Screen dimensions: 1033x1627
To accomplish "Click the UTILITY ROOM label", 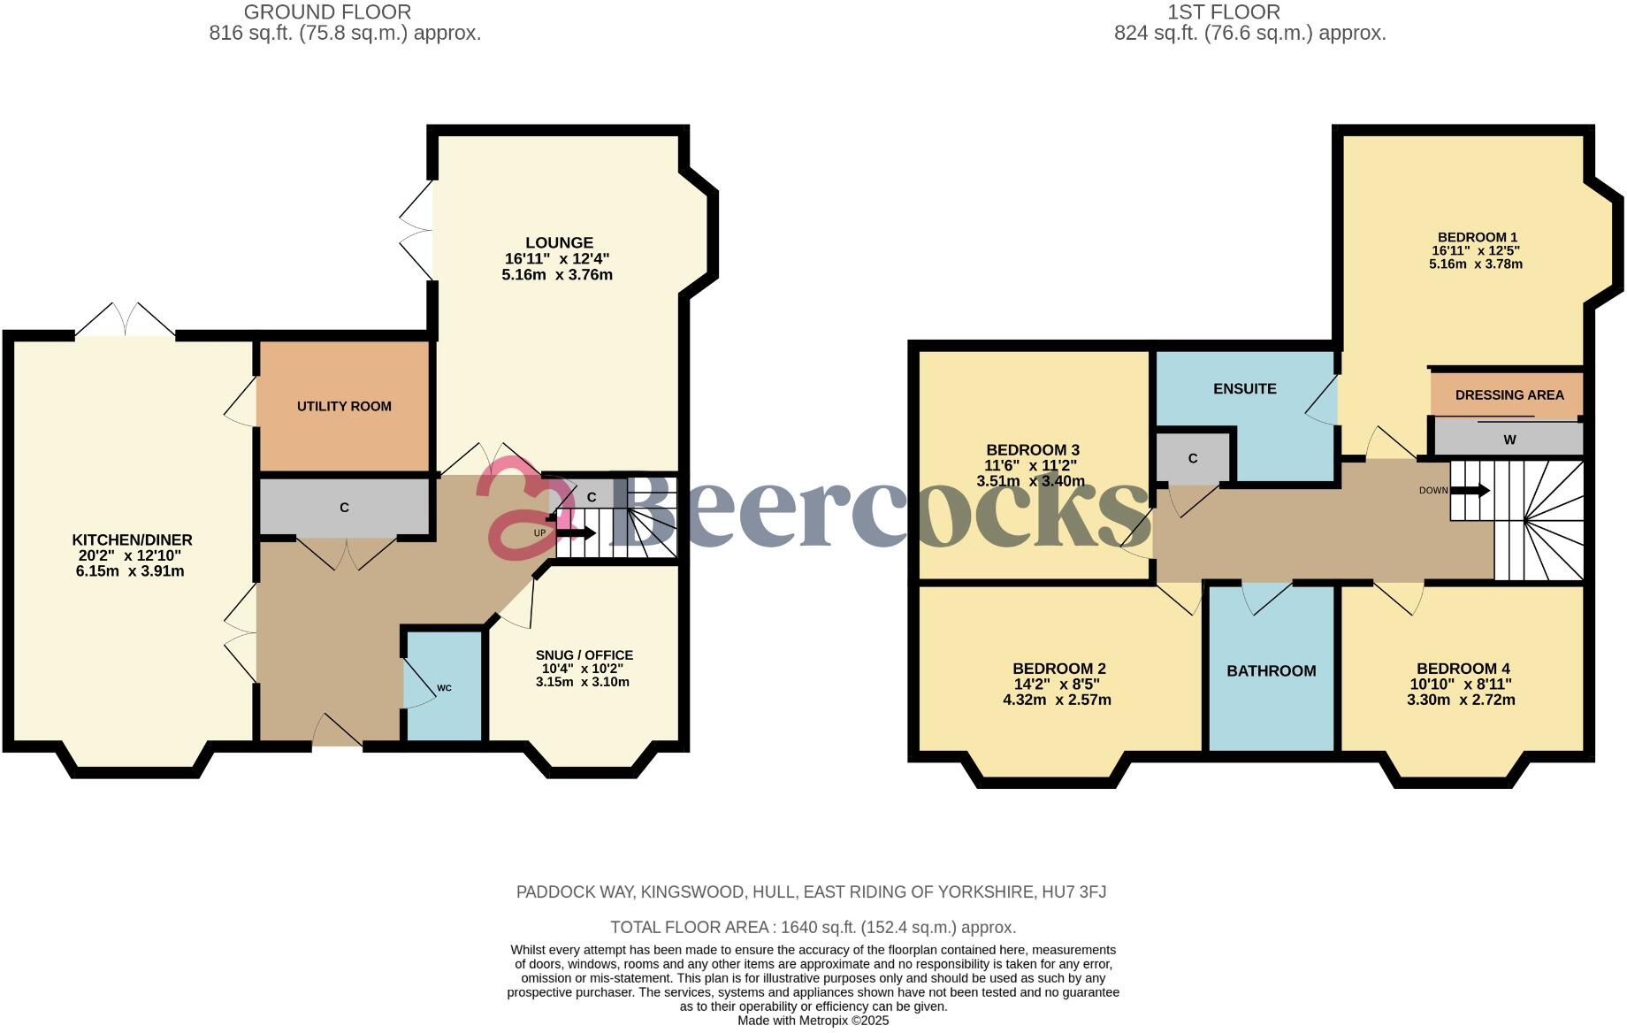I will (344, 407).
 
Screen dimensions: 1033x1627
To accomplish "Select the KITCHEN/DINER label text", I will (132, 540).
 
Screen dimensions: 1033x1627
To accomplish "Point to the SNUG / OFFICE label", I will (584, 655).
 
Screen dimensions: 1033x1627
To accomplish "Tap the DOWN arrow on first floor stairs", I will (1470, 490).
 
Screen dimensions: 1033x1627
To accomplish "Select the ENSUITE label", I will (1244, 389).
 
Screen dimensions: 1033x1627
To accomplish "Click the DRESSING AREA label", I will (1509, 395).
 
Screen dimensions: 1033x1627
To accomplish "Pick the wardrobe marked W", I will (1509, 440).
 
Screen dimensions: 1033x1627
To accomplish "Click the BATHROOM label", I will (1271, 671).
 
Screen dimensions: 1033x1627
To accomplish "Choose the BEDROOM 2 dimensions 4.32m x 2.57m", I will (1058, 700).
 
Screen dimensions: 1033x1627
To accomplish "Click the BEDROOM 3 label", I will (1032, 450).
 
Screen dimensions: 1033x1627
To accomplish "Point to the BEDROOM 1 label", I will (1477, 237).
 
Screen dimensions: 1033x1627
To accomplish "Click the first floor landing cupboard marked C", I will (1192, 458).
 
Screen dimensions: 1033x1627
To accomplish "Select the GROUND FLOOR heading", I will (327, 12).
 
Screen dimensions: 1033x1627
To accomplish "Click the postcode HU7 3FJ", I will (1072, 892).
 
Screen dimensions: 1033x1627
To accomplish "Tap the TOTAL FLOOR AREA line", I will (813, 927).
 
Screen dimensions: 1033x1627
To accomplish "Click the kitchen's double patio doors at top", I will (125, 322).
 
